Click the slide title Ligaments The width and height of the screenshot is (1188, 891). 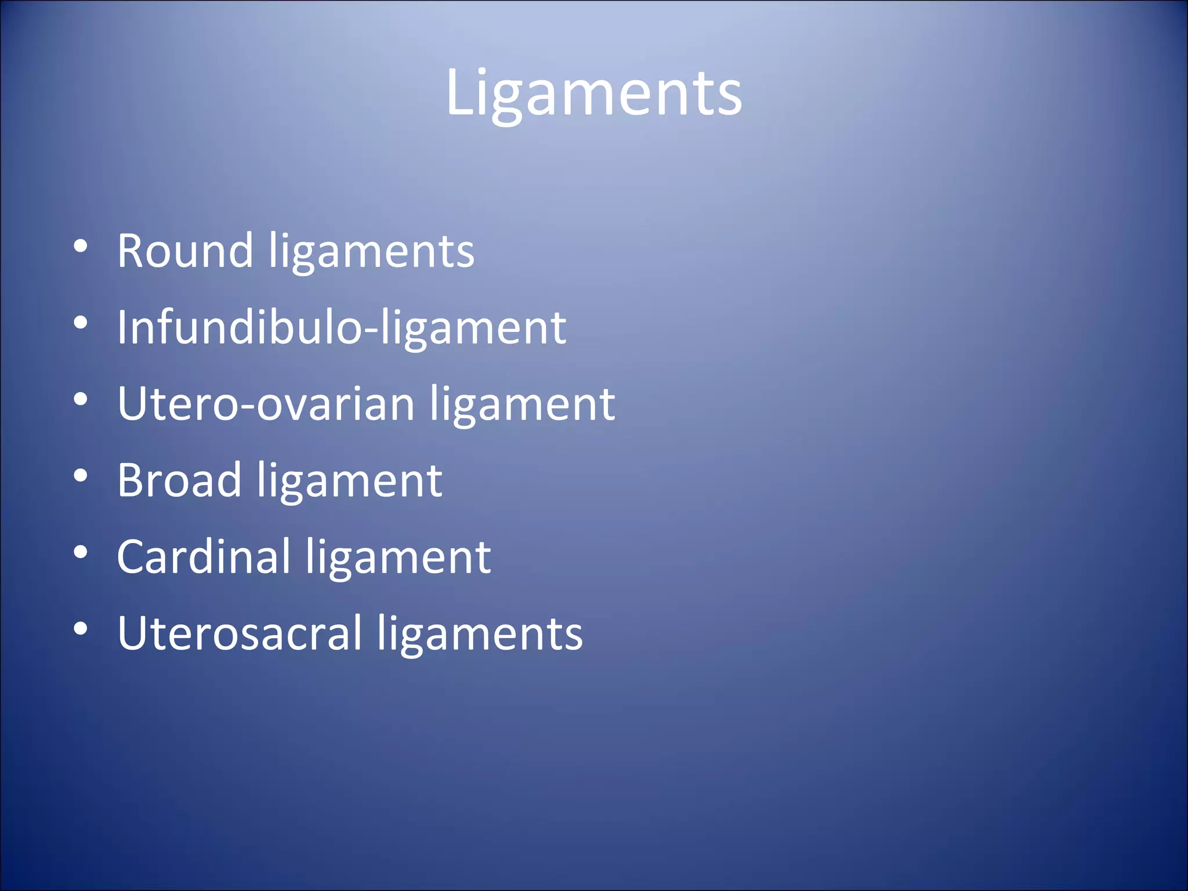point(593,93)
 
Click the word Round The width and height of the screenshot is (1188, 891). point(185,251)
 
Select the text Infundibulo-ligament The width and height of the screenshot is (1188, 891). point(341,328)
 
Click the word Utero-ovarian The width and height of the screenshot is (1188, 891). point(266,404)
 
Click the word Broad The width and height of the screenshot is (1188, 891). point(179,480)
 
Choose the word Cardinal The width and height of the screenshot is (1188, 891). point(204,557)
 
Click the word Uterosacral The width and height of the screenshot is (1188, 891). point(240,633)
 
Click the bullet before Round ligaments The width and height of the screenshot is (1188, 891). point(81,246)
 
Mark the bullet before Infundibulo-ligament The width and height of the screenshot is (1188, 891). point(81,323)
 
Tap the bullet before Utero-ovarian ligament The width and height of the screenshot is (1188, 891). point(81,399)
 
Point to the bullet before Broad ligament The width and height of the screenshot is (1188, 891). point(81,476)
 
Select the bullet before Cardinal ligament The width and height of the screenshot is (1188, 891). point(81,552)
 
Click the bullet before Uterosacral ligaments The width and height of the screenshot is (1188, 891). point(81,628)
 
